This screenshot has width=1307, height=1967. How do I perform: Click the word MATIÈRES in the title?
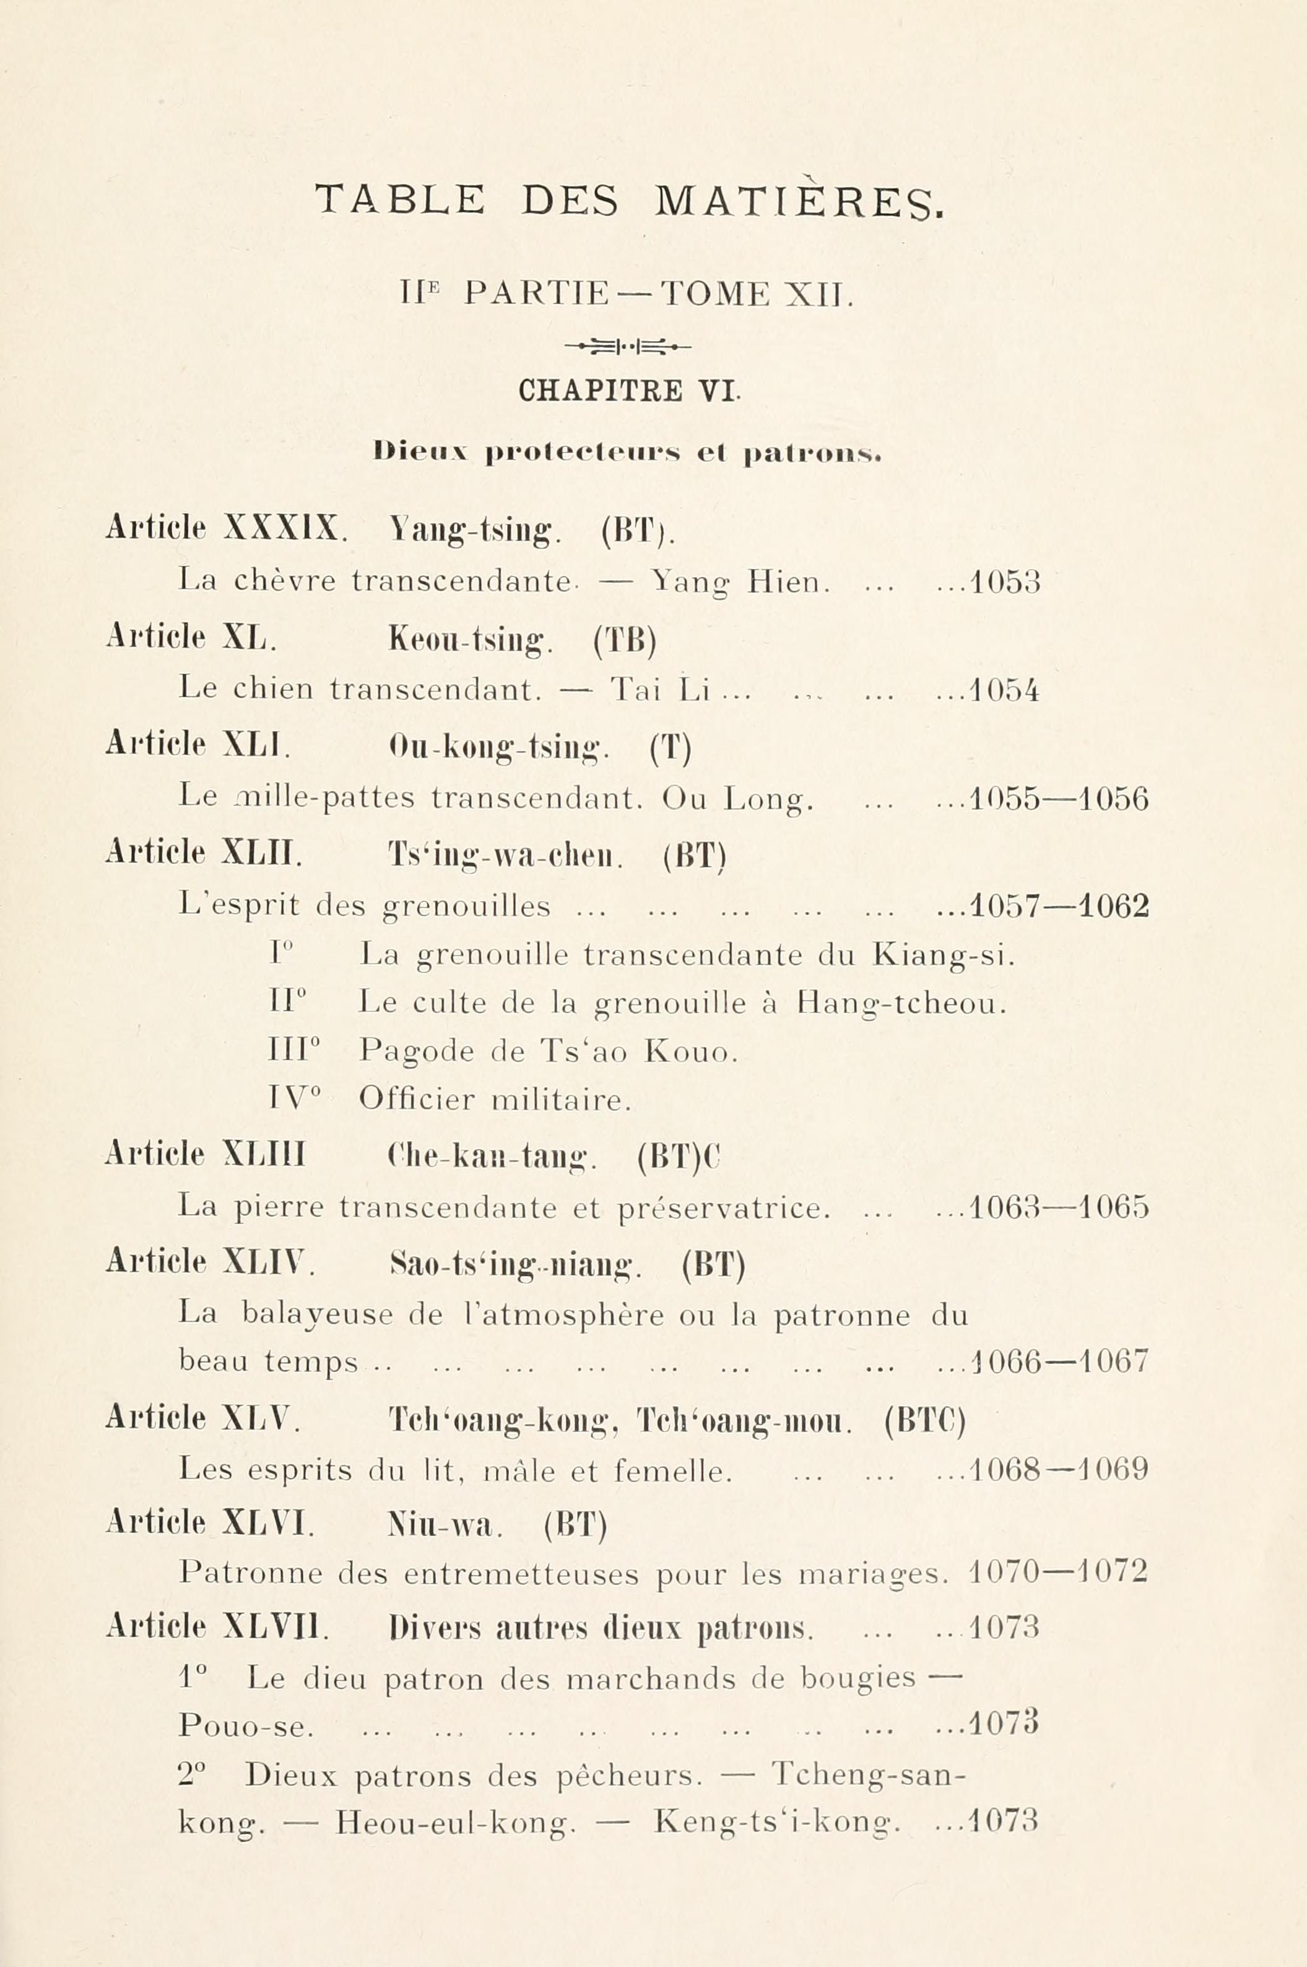pyautogui.click(x=799, y=200)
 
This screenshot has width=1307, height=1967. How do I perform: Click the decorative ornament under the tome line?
pyautogui.click(x=628, y=345)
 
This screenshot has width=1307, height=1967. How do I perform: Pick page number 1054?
pyautogui.click(x=1004, y=691)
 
